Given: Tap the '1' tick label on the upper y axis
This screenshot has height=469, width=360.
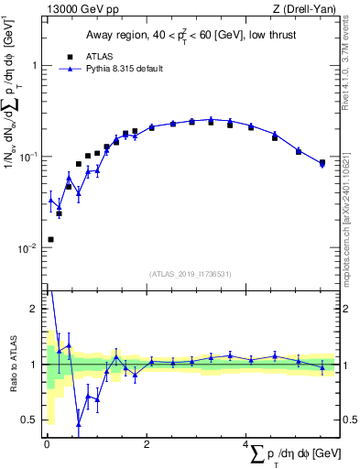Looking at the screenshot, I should point(34,66).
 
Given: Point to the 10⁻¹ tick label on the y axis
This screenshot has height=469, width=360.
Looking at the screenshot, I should point(29,157).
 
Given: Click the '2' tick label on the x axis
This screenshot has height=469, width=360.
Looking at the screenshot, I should point(147,444).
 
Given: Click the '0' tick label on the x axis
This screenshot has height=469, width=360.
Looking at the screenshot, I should point(47,444).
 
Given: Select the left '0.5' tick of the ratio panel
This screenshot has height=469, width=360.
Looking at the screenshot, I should point(30,420).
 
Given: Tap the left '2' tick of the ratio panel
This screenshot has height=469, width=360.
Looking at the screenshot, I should point(35,309).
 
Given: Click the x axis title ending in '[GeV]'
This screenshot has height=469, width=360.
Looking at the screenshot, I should point(284,455).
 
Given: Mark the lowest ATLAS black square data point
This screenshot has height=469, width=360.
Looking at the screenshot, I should point(50,239).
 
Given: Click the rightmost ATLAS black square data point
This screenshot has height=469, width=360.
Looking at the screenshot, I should point(322,164).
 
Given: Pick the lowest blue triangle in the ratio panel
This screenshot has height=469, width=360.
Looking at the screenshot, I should point(79,424).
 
